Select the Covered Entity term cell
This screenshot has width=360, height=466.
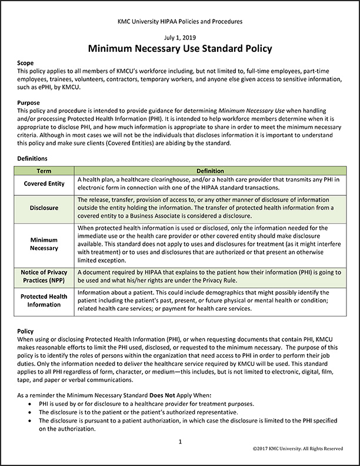(x=44, y=184)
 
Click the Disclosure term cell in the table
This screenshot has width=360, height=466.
(x=44, y=208)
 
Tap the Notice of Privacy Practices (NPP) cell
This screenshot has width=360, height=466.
(x=44, y=277)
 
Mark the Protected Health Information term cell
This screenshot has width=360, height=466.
(x=44, y=301)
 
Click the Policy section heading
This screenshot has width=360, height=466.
(x=26, y=332)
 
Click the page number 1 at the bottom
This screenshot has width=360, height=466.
(x=180, y=441)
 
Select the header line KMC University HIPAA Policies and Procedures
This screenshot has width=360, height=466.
(x=180, y=22)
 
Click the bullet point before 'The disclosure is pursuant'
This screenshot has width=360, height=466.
(x=31, y=421)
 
